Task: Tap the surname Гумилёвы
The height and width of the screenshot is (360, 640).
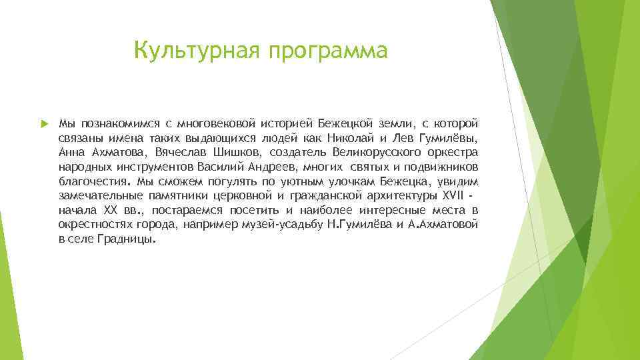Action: click(x=448, y=139)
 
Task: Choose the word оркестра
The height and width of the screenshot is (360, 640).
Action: click(x=455, y=153)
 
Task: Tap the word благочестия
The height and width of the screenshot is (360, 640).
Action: click(x=94, y=181)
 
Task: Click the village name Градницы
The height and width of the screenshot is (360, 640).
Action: click(x=128, y=239)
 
